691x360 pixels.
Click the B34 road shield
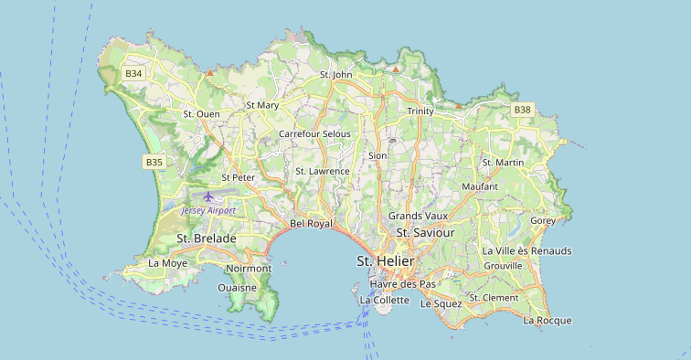[x=134, y=73]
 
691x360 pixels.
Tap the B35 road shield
[x=154, y=162]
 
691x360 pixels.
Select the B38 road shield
[x=522, y=110]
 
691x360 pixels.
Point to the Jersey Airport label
[x=208, y=210]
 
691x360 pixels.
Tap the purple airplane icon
[x=209, y=196]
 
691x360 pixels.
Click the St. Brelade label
[x=207, y=238]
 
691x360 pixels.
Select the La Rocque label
[x=547, y=320]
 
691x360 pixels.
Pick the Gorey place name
[x=543, y=220]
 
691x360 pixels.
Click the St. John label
[x=335, y=74]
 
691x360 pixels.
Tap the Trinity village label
[x=420, y=111]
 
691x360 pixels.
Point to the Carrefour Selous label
[x=314, y=133]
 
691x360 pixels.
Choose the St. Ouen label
[x=202, y=114]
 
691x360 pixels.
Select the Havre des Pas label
[x=402, y=283]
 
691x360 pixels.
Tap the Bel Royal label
[x=311, y=223]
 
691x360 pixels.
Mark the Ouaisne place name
[x=237, y=287]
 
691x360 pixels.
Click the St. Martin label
[x=503, y=163]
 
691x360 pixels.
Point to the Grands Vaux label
[x=419, y=216]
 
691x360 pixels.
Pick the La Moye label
[x=167, y=263]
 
